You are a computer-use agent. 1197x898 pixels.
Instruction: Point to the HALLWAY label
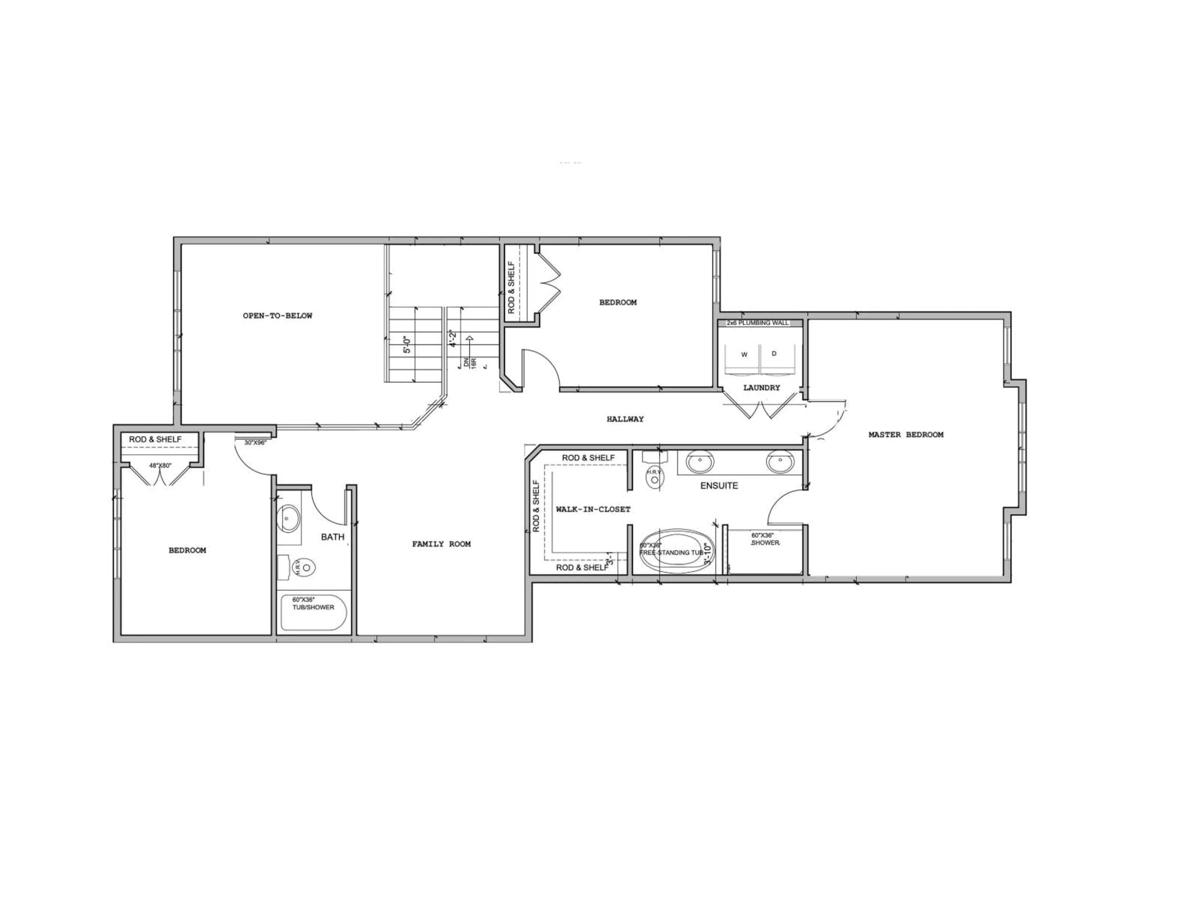tap(625, 419)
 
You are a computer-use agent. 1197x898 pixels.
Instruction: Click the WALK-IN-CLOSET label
tap(593, 509)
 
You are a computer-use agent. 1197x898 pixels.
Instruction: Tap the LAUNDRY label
tap(762, 388)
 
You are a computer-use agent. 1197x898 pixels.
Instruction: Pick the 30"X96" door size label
tap(255, 442)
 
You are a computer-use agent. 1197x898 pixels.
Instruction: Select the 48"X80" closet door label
tap(160, 465)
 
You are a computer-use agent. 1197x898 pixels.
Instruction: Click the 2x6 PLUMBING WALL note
tap(757, 323)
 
